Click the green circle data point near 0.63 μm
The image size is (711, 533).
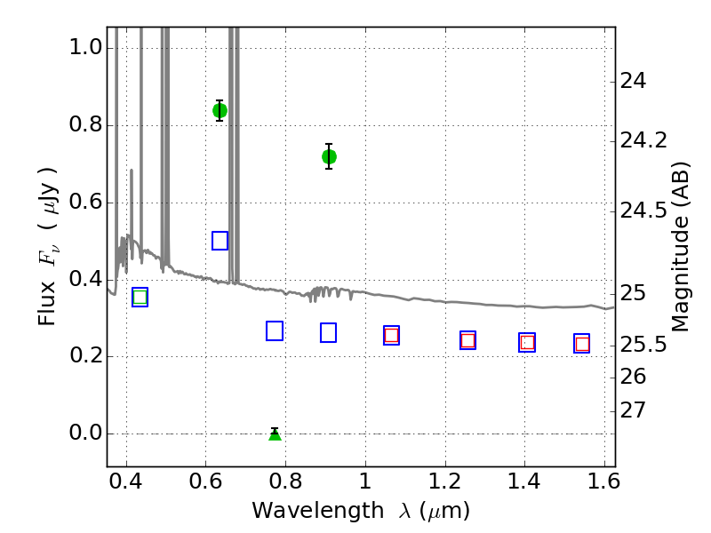(220, 110)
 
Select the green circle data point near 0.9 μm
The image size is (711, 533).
(329, 157)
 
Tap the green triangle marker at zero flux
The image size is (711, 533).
(275, 434)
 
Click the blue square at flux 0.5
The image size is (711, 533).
(220, 241)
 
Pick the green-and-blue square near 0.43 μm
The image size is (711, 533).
(140, 298)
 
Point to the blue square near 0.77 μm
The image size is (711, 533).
(275, 330)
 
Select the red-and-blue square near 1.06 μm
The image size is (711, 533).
(391, 336)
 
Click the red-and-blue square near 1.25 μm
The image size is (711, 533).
(468, 340)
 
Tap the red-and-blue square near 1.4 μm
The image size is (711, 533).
(527, 342)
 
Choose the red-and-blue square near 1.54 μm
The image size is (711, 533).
(582, 344)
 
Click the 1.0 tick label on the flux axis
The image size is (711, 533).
(85, 47)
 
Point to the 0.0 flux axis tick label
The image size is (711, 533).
(85, 433)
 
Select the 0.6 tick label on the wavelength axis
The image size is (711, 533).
(206, 481)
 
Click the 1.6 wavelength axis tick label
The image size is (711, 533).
(603, 481)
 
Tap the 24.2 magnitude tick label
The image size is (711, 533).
(643, 140)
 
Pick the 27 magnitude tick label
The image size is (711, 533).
(633, 410)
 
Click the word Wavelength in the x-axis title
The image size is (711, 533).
(318, 510)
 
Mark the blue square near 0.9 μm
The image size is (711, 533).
(328, 332)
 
